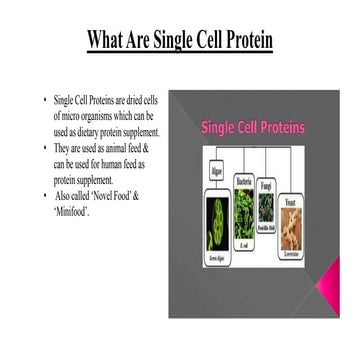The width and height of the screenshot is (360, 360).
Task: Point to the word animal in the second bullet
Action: (x=116, y=148)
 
